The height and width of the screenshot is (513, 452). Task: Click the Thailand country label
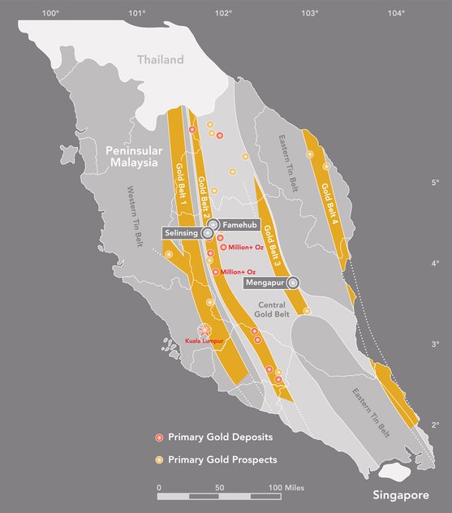(160, 59)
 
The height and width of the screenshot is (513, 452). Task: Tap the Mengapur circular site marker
(293, 282)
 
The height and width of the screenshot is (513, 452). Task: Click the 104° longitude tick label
(396, 12)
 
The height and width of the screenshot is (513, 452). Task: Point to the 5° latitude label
(435, 182)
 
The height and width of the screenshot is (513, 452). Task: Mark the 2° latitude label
(435, 425)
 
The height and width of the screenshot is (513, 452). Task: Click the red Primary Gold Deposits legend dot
(159, 438)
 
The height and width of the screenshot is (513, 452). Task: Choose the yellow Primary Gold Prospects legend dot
(159, 459)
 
